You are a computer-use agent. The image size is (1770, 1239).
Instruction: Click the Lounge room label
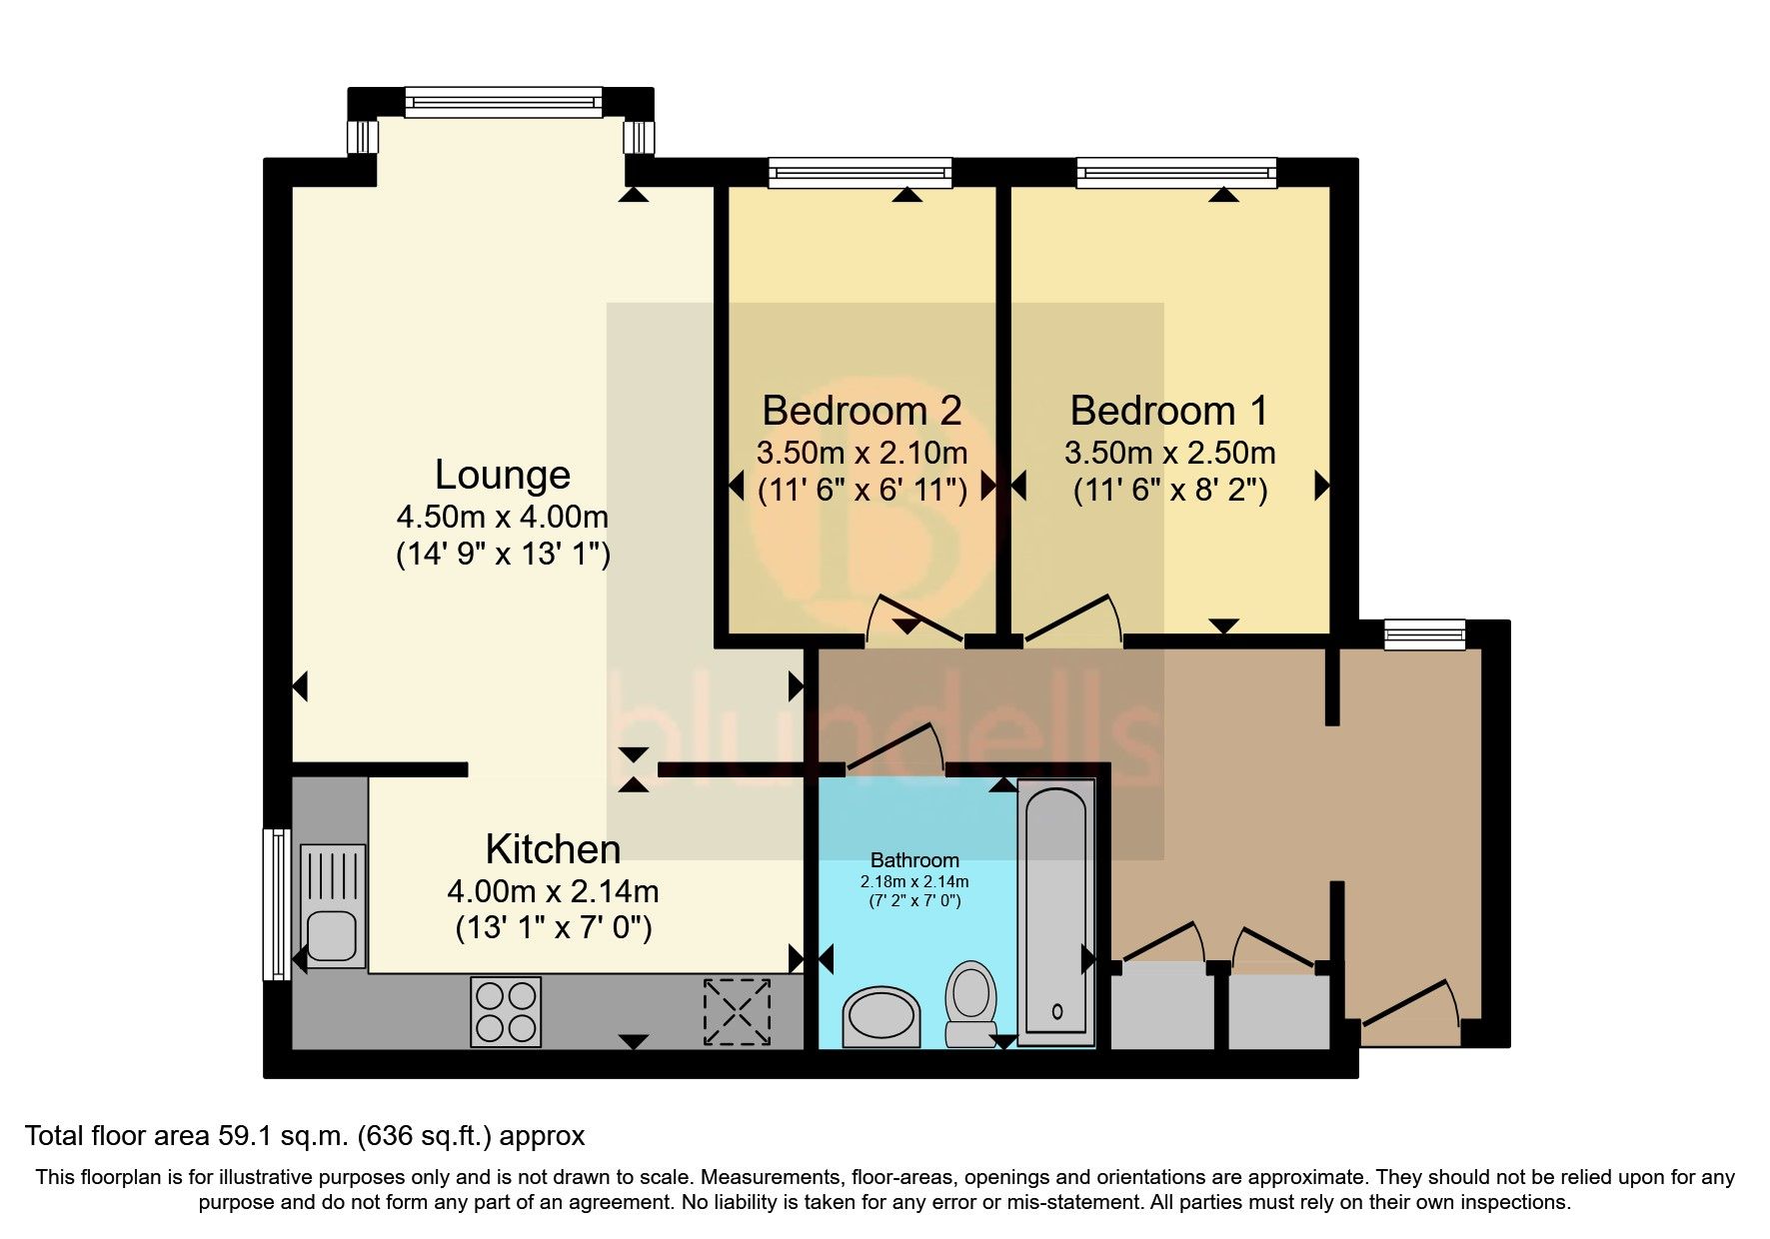(x=503, y=475)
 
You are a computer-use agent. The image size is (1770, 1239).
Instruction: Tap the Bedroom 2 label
(x=862, y=411)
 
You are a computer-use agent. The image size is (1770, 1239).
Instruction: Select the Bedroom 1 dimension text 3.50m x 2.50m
(x=1169, y=454)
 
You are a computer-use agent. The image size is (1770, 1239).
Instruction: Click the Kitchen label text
(x=553, y=849)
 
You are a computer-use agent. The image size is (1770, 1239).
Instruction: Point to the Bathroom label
(x=914, y=859)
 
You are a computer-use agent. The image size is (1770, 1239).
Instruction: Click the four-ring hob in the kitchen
(x=506, y=1011)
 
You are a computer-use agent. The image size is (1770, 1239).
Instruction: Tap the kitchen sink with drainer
(x=333, y=905)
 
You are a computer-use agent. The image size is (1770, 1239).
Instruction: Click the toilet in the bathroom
(x=970, y=1003)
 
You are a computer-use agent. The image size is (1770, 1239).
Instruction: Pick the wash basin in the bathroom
(x=882, y=1017)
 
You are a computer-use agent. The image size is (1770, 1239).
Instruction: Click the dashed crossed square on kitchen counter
(x=739, y=1011)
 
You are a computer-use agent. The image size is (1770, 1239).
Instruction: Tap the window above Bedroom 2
(x=861, y=174)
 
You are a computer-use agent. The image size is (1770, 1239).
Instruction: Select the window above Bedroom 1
(x=1177, y=174)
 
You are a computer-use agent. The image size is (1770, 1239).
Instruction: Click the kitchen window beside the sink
(x=276, y=904)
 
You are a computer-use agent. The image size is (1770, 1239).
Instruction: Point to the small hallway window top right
(x=1424, y=634)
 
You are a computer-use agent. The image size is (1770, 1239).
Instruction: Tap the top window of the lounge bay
(x=504, y=102)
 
